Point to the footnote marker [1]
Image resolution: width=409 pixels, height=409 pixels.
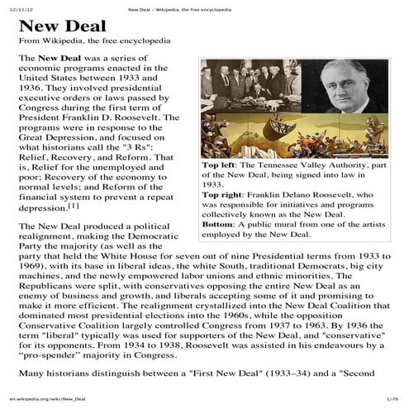pos(74,206)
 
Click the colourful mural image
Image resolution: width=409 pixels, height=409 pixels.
pos(295,136)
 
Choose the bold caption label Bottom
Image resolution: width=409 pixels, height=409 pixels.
pos(217,224)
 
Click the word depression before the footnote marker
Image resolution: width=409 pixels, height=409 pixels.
pos(42,209)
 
